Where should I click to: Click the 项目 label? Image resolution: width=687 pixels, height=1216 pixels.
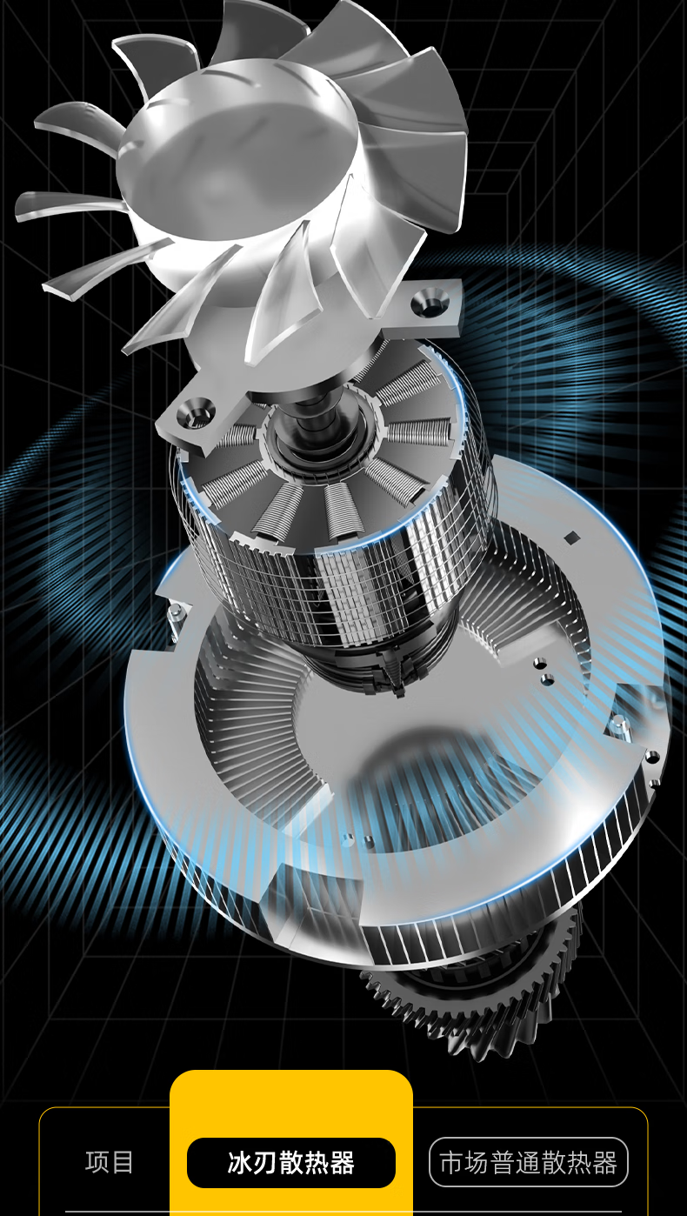click(109, 1162)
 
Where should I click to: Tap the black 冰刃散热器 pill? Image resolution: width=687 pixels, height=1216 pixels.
click(290, 1162)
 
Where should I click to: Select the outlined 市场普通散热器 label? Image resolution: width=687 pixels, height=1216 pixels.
click(528, 1162)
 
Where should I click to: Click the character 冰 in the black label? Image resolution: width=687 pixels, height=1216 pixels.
click(240, 1162)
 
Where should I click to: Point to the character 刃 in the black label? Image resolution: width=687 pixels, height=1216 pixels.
click(265, 1162)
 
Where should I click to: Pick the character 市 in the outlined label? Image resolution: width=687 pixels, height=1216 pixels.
click(451, 1163)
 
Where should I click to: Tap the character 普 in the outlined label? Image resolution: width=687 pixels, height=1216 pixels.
click(503, 1163)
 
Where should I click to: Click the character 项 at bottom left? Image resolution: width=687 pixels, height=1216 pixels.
click(97, 1162)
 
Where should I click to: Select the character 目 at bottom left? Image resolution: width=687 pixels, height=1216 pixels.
click(123, 1162)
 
